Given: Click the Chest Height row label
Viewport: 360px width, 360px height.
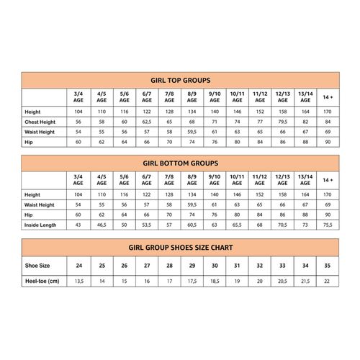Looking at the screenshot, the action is (x=42, y=122).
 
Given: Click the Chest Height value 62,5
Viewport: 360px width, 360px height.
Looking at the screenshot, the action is (x=146, y=122).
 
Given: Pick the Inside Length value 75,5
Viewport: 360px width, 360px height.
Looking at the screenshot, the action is (x=328, y=225).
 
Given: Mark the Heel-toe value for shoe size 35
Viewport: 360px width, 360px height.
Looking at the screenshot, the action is (x=328, y=282).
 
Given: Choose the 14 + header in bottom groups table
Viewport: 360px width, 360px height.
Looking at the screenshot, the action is (x=328, y=180).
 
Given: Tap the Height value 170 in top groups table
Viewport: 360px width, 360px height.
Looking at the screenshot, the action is (x=328, y=113).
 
